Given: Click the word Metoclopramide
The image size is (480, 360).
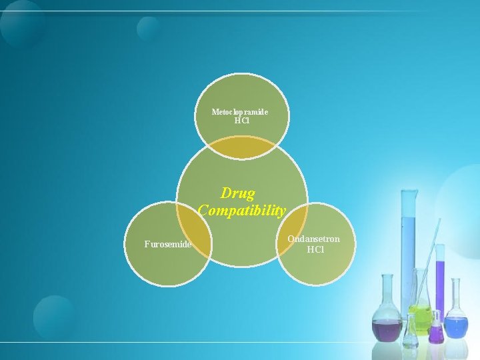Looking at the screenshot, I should pos(240,112).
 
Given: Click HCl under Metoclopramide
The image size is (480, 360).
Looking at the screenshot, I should pos(241,121).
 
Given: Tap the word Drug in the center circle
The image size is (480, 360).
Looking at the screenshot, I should pos(238,194).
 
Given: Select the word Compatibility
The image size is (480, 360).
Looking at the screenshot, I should pos(241,210).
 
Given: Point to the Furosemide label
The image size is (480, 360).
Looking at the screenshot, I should pos(168,244).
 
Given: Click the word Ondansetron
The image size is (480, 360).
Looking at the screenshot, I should pos(313,239).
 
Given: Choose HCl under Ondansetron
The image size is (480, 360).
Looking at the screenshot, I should pos(315,250).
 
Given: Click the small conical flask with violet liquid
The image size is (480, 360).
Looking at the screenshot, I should pos(436,330).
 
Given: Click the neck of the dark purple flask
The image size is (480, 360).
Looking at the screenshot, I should pos(387,293).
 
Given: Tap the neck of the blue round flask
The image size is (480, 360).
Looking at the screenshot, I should pos(455,297).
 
